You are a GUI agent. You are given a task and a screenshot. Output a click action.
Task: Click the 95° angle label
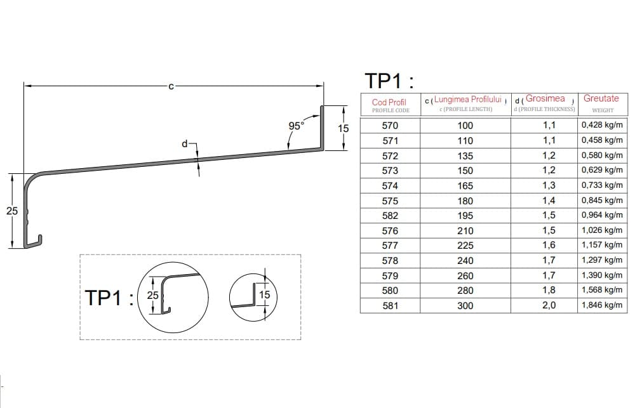point(296,126)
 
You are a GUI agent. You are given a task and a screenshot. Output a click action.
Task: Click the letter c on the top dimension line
point(171,86)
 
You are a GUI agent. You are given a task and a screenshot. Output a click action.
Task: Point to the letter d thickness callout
point(185,143)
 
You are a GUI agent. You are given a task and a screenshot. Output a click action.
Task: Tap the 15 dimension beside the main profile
point(343,128)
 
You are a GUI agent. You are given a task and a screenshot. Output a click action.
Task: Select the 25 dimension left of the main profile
point(12,211)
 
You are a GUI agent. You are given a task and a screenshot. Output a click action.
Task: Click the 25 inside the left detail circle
point(152,296)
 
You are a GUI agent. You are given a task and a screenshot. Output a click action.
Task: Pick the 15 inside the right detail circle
point(264,294)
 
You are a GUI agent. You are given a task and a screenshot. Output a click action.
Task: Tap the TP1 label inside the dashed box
point(109,298)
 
